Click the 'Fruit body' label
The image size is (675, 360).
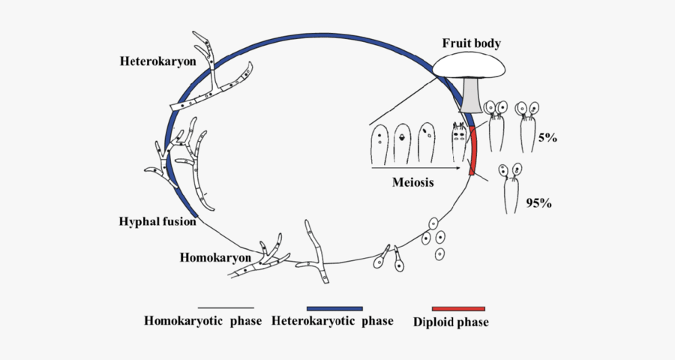(x=470, y=43)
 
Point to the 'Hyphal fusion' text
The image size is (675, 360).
(x=157, y=221)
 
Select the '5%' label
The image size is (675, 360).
(x=547, y=138)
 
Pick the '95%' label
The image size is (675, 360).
(x=538, y=202)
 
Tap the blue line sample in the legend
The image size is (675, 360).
(x=334, y=308)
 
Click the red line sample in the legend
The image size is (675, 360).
(x=458, y=308)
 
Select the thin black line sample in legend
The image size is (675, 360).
(x=226, y=308)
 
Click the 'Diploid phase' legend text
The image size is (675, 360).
(x=451, y=322)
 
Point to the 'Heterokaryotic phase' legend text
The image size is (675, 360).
(x=332, y=322)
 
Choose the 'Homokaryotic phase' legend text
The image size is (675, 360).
(x=202, y=322)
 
